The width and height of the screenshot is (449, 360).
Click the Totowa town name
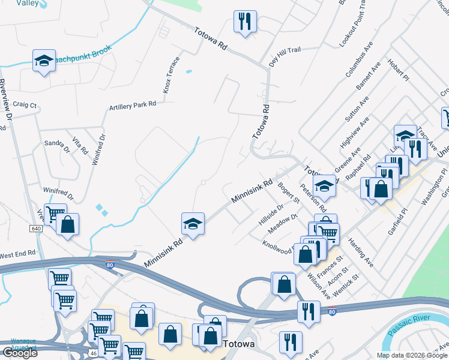click(239, 345)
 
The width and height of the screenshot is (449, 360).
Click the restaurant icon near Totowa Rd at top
click(245, 22)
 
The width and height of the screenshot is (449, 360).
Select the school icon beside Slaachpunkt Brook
click(44, 60)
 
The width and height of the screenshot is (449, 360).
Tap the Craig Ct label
click(25, 104)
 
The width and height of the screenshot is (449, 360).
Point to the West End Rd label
click(18, 254)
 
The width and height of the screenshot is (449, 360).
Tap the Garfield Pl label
click(397, 221)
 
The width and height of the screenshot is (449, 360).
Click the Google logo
click(20, 352)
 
